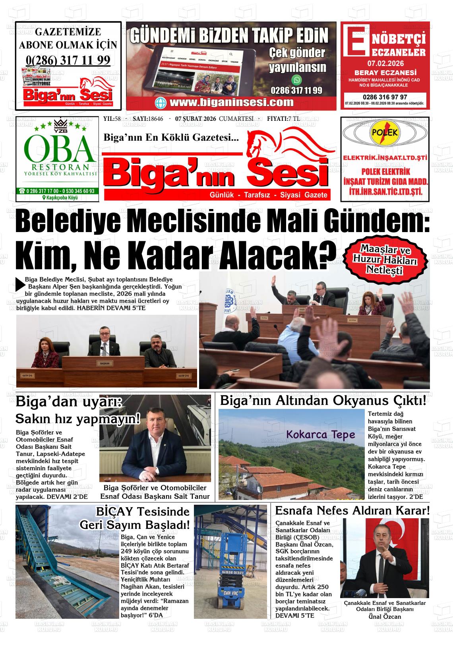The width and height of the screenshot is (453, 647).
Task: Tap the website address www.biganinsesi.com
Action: click(231, 103)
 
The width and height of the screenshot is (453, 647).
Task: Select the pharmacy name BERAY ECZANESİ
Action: click(385, 73)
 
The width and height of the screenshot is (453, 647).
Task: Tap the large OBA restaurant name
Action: click(60, 147)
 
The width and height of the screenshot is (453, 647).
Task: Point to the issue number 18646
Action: click(155, 119)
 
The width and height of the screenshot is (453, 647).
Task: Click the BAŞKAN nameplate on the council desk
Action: click(105, 363)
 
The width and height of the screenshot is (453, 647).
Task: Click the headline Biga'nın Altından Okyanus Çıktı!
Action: click(323, 401)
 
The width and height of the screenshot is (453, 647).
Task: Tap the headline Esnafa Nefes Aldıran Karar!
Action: click(352, 510)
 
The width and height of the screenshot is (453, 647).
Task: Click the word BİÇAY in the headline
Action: click(115, 512)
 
